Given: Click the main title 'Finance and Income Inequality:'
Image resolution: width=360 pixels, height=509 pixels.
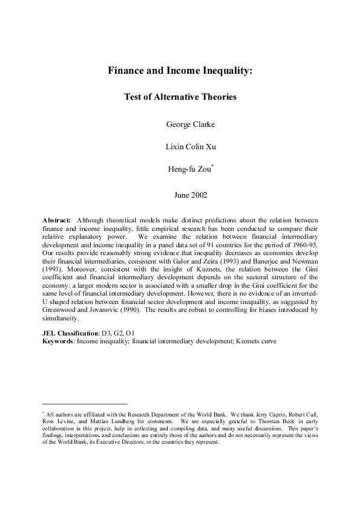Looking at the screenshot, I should [180, 70].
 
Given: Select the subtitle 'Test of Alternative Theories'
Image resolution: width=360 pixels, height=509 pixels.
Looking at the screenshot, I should [180, 96].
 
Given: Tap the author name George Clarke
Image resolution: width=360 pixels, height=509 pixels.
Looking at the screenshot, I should [180, 125].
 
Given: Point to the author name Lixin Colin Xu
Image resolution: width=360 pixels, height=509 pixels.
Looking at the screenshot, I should [180, 148].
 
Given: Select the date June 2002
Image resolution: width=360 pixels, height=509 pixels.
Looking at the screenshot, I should [180, 195].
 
